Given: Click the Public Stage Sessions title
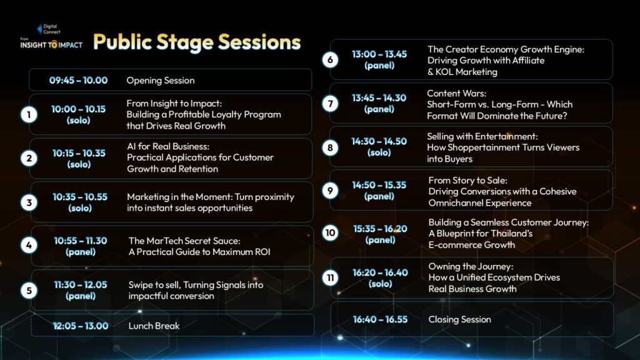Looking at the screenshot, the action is [197, 42].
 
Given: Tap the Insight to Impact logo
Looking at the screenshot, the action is [51, 37].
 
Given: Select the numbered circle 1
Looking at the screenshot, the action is [29, 115].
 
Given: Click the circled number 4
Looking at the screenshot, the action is [29, 245].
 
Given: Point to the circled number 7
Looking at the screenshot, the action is [330, 104].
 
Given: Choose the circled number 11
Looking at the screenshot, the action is [330, 278].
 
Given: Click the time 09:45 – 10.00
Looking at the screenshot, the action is [78, 81].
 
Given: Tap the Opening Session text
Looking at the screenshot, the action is [161, 81].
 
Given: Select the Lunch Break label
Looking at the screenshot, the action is [154, 326].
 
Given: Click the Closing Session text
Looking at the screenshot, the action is [459, 319].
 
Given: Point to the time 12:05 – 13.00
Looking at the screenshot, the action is [81, 326].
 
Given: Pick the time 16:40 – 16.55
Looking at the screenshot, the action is [380, 319].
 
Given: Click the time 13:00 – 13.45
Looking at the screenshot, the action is [379, 54].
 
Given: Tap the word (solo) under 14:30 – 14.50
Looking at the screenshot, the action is [379, 152].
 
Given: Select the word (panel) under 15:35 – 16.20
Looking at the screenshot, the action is [380, 240].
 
